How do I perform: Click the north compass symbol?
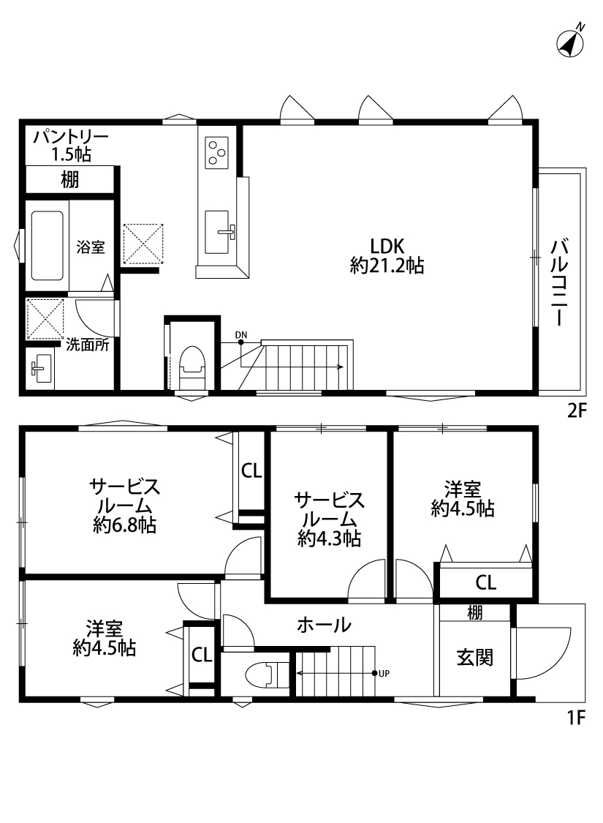point(571,42)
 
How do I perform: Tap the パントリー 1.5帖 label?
point(71,146)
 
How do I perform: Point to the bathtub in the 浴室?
point(48,246)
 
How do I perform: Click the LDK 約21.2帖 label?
point(387,255)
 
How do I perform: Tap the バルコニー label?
point(560,282)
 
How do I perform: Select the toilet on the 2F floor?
point(191,367)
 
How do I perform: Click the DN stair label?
point(240,335)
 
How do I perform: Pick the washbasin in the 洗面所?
point(40,369)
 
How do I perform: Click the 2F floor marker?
point(576,410)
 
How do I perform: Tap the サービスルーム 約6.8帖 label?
point(125,506)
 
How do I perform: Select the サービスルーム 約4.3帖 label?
point(330,519)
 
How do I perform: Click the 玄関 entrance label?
point(474,657)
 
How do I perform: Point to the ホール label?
point(324,625)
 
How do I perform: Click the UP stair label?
point(384,674)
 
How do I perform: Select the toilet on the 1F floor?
point(267,675)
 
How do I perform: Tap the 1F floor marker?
point(576,717)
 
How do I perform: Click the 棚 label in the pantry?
point(69,180)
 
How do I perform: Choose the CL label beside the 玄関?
point(485,582)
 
